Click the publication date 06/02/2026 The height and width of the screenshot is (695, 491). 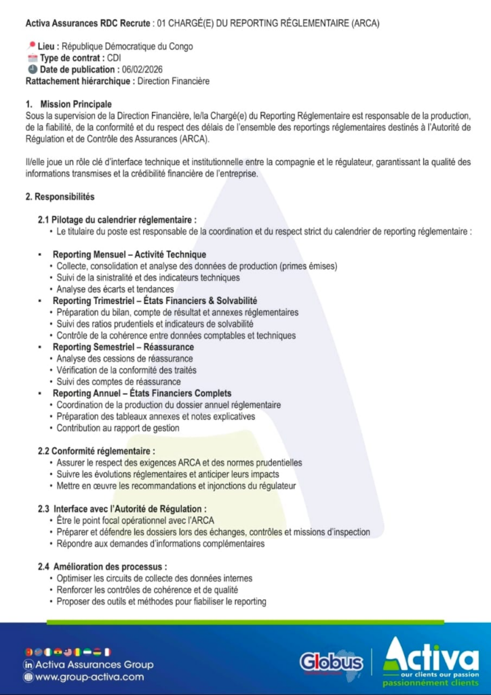click(142, 70)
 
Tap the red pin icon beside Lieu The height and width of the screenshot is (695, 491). click(31, 46)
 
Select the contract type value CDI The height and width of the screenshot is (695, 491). click(114, 58)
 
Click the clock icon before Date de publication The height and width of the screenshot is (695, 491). click(32, 70)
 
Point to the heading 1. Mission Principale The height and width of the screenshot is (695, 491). click(68, 105)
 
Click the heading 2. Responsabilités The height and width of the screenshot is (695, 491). click(60, 197)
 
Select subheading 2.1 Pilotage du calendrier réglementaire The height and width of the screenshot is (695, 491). click(117, 220)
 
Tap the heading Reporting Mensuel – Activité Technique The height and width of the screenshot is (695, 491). click(129, 255)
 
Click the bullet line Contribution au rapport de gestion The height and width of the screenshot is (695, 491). click(118, 428)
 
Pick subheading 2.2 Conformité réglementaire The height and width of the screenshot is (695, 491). click(96, 451)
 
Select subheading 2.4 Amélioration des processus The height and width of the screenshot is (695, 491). click(102, 567)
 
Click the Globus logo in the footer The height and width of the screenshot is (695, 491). click(332, 661)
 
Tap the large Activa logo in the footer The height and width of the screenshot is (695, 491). click(431, 655)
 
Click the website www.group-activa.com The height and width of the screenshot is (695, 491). click(89, 677)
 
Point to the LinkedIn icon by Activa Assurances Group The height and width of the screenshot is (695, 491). click(28, 664)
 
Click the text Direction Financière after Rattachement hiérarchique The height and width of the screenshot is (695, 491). click(173, 81)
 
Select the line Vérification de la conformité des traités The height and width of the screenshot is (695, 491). click(127, 370)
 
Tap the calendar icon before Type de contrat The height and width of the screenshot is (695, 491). click(32, 58)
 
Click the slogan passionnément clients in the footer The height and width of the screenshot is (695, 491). click(431, 683)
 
